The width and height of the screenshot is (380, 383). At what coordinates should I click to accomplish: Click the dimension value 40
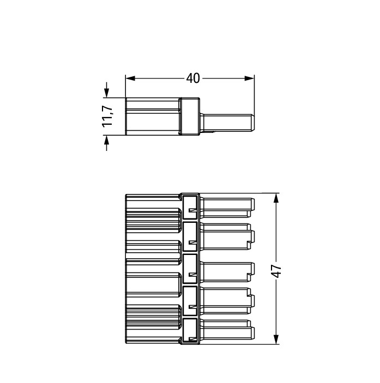pyautogui.click(x=193, y=78)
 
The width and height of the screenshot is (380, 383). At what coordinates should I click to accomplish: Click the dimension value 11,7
pyautogui.click(x=107, y=117)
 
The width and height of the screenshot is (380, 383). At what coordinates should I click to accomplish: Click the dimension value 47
pyautogui.click(x=277, y=271)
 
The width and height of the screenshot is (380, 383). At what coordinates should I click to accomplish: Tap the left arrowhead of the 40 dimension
pyautogui.click(x=130, y=78)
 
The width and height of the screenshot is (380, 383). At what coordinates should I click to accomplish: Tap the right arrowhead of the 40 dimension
pyautogui.click(x=250, y=78)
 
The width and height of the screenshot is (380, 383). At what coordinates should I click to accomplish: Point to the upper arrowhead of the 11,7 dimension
pyautogui.click(x=106, y=93)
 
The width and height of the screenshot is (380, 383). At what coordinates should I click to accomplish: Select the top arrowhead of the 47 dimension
pyautogui.click(x=276, y=198)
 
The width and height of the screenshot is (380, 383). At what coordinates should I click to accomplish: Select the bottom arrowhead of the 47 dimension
pyautogui.click(x=276, y=339)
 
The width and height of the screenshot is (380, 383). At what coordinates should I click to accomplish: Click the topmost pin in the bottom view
pyautogui.click(x=227, y=208)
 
